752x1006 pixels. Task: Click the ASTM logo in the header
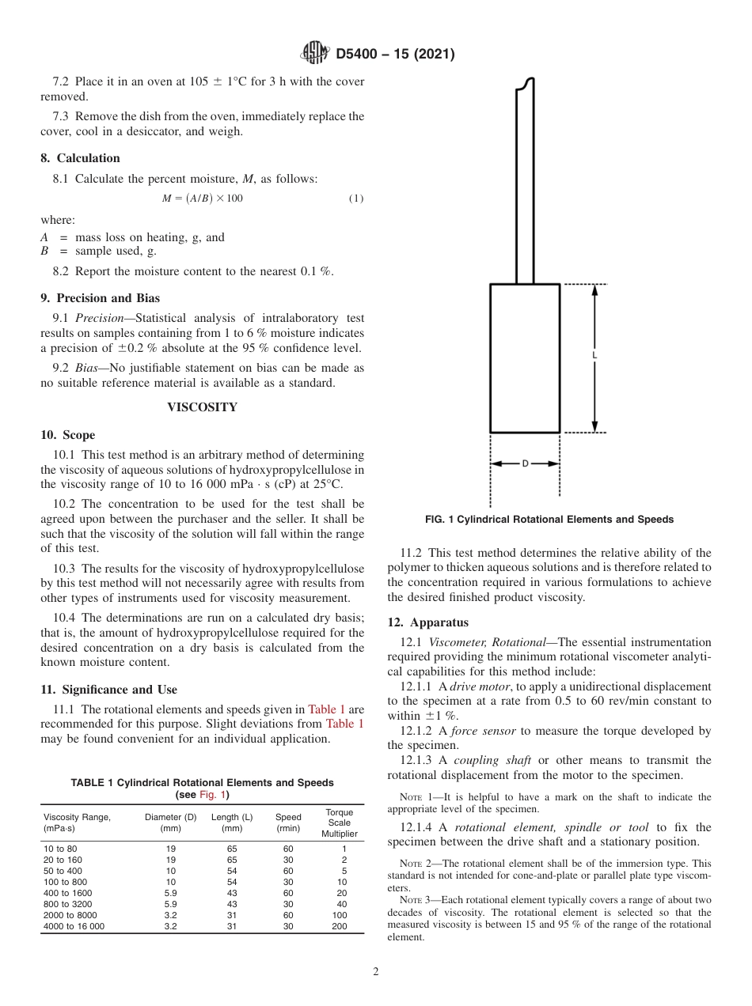click(x=315, y=54)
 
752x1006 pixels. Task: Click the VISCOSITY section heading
click(x=202, y=407)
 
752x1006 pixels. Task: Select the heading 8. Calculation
click(x=80, y=158)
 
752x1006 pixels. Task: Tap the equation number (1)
click(x=356, y=199)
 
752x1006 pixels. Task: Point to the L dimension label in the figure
click(x=594, y=356)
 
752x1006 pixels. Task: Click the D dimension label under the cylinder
click(x=525, y=464)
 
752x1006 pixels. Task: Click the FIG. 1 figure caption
click(x=549, y=520)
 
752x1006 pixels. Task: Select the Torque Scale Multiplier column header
click(x=339, y=823)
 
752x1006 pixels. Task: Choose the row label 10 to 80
click(x=61, y=849)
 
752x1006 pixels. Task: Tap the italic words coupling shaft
click(x=493, y=760)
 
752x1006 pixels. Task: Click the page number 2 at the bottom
click(x=376, y=972)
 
